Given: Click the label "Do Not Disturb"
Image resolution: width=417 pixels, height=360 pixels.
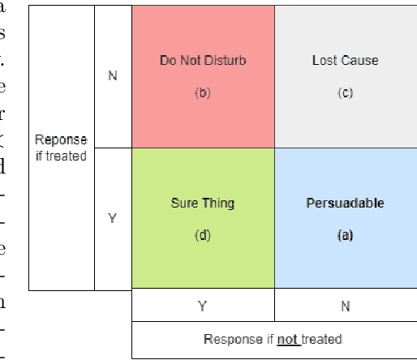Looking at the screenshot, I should (x=203, y=61).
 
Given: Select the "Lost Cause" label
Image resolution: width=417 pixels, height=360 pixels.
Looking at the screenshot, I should (x=345, y=61).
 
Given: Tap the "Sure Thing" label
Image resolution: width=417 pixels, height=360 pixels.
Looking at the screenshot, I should (x=203, y=204).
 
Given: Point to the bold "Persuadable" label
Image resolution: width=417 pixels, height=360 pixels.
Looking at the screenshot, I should (x=345, y=204).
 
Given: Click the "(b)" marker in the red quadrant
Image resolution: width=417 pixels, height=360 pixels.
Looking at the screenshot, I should (x=203, y=93).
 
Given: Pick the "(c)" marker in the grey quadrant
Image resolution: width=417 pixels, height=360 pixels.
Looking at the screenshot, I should (x=345, y=93).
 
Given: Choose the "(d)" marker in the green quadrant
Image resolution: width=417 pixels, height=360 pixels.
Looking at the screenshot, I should (x=203, y=235).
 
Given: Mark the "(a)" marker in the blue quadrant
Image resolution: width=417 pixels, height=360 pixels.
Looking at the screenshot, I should (x=345, y=235).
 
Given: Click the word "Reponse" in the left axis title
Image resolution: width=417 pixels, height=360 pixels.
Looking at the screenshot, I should (x=62, y=140).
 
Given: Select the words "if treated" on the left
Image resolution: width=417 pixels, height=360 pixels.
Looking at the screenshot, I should (x=62, y=155).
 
